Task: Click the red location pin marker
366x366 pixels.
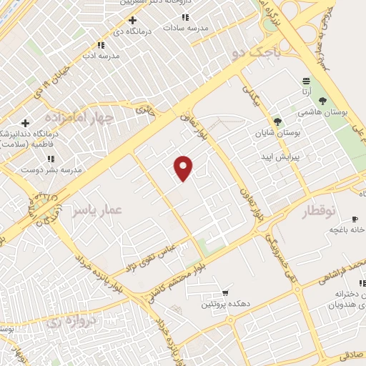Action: [x=184, y=167]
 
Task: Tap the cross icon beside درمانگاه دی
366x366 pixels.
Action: [x=132, y=20]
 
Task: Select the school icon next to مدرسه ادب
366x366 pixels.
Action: [x=100, y=44]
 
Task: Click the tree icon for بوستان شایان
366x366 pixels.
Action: [x=277, y=122]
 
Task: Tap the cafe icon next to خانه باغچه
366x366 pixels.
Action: [x=355, y=219]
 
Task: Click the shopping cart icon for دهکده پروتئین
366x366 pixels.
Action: [x=225, y=293]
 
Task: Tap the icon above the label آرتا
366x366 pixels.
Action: [x=306, y=81]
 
